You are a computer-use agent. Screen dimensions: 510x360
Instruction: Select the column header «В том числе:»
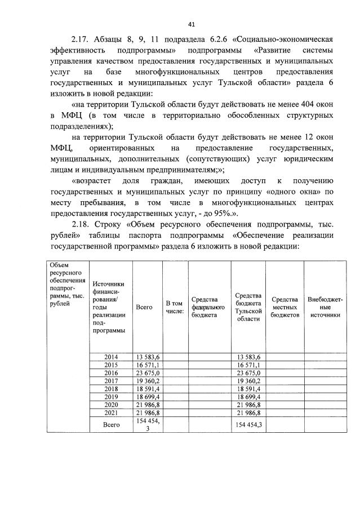click(x=175, y=307)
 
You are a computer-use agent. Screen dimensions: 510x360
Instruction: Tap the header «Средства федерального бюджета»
click(x=209, y=307)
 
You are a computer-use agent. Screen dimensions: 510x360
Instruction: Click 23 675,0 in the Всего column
click(x=147, y=373)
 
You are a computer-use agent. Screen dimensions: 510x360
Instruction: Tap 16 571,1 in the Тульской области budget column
click(x=248, y=365)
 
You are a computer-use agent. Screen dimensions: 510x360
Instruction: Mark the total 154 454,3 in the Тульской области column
click(x=248, y=425)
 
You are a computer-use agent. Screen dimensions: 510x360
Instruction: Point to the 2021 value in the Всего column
click(x=147, y=414)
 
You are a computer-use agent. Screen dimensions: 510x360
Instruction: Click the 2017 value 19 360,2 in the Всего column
click(x=147, y=381)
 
